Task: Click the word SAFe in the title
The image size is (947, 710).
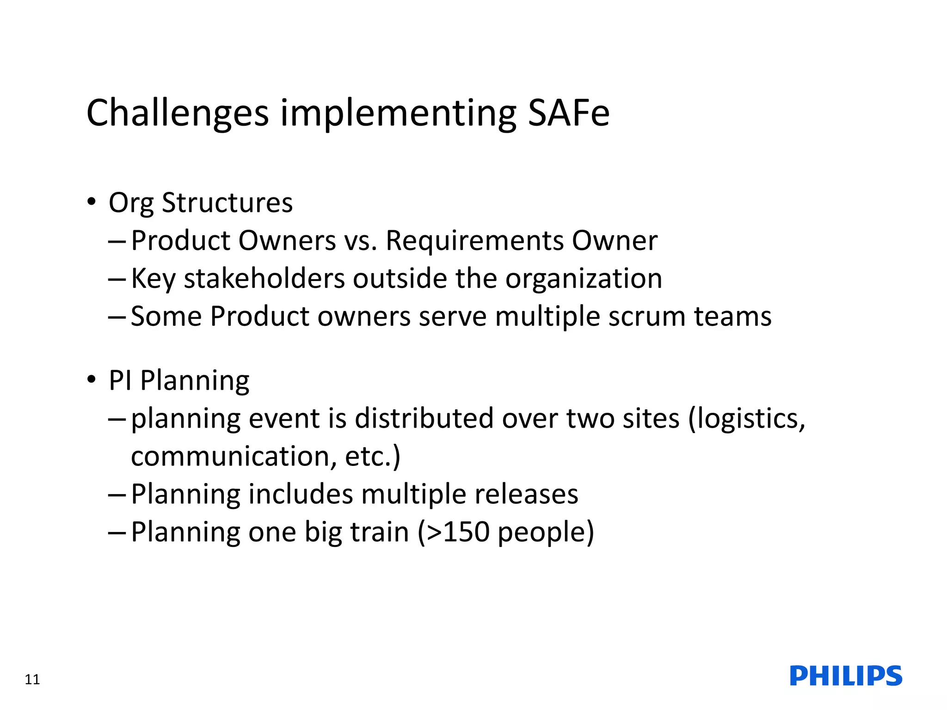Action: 568,113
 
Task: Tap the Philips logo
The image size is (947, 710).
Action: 846,676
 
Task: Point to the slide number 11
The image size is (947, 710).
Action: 32,679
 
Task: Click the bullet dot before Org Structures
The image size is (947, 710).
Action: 92,202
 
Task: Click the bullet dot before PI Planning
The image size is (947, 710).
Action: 92,379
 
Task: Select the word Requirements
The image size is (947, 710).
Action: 474,241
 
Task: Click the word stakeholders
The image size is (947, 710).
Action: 264,279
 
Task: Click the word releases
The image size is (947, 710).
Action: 526,494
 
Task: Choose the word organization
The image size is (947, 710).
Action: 584,279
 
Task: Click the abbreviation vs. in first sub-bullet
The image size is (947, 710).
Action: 360,241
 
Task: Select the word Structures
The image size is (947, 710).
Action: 227,203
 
